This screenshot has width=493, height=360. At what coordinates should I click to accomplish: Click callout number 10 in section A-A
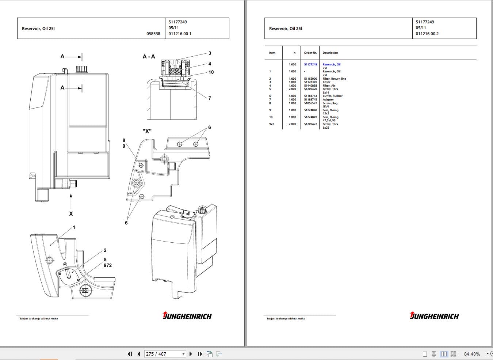[211, 72]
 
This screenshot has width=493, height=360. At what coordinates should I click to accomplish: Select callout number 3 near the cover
[210, 53]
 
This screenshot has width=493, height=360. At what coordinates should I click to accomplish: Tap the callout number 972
[108, 265]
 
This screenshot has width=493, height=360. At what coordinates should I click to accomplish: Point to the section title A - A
[149, 57]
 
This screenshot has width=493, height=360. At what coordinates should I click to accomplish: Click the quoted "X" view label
[147, 131]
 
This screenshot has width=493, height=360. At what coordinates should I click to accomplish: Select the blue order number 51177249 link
[310, 64]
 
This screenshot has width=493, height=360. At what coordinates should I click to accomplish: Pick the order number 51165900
[310, 79]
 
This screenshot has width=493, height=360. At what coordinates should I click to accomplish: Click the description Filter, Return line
[334, 79]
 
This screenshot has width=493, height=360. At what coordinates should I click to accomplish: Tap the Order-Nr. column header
[310, 53]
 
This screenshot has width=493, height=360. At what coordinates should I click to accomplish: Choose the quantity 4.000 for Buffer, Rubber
[293, 96]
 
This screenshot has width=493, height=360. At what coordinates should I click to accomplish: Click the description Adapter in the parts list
[328, 99]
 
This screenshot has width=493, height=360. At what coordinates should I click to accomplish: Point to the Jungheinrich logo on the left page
[187, 316]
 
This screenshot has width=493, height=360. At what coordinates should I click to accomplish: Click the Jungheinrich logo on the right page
[434, 316]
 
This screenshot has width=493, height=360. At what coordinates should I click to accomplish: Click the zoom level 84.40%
[472, 354]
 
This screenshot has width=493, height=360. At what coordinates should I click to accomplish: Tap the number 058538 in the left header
[153, 34]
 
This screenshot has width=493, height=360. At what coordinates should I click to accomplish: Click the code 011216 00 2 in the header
[427, 34]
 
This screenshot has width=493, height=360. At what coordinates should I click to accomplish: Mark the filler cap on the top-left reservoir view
[81, 69]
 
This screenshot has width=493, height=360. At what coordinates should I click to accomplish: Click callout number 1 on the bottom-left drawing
[74, 227]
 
